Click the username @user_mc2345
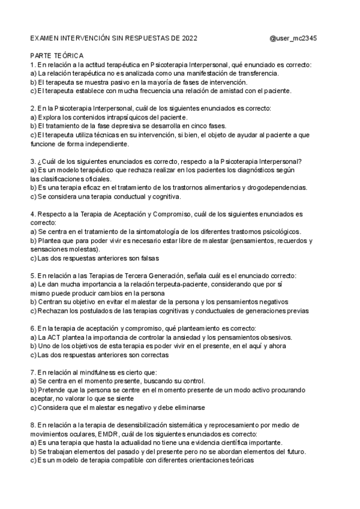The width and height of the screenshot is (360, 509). point(293,38)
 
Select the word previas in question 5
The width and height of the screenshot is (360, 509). point(296,311)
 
